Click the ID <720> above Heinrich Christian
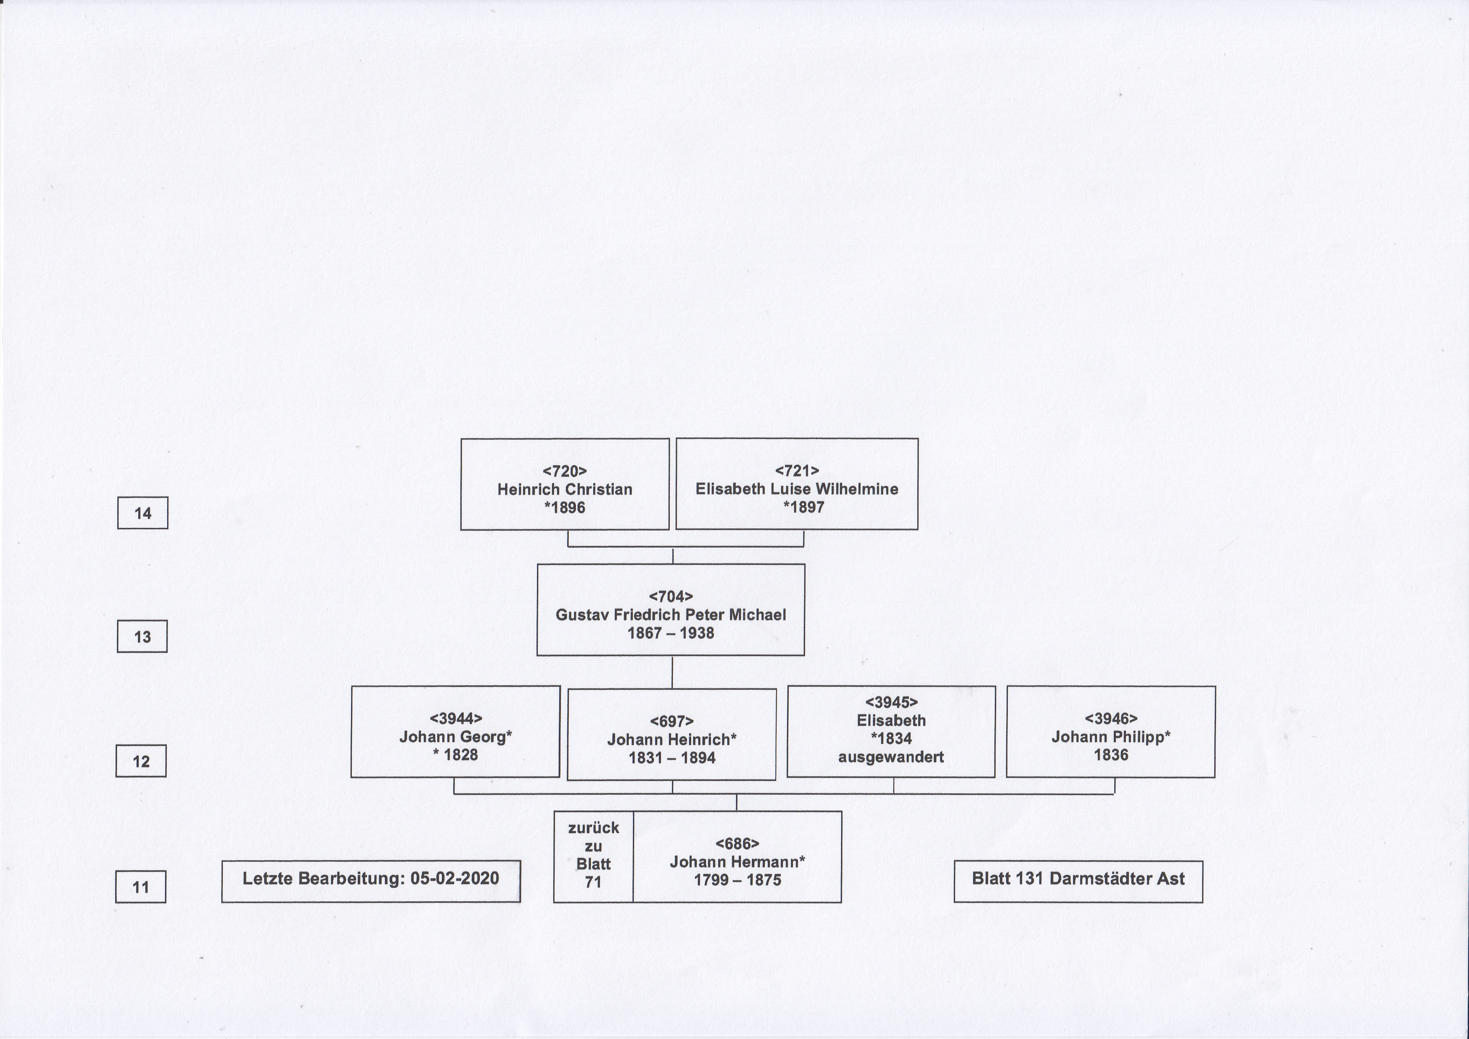pos(565,471)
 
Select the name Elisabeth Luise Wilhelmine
pos(797,489)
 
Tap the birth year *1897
pos(803,507)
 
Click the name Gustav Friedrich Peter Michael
pos(671,615)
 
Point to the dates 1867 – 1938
pos(671,633)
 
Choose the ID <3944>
pos(456,719)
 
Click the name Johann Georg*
pos(456,737)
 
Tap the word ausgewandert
pos(891,757)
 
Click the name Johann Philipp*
pos(1111,737)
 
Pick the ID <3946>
pos(1111,719)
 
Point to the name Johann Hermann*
pos(737,862)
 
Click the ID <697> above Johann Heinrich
pos(672,722)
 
